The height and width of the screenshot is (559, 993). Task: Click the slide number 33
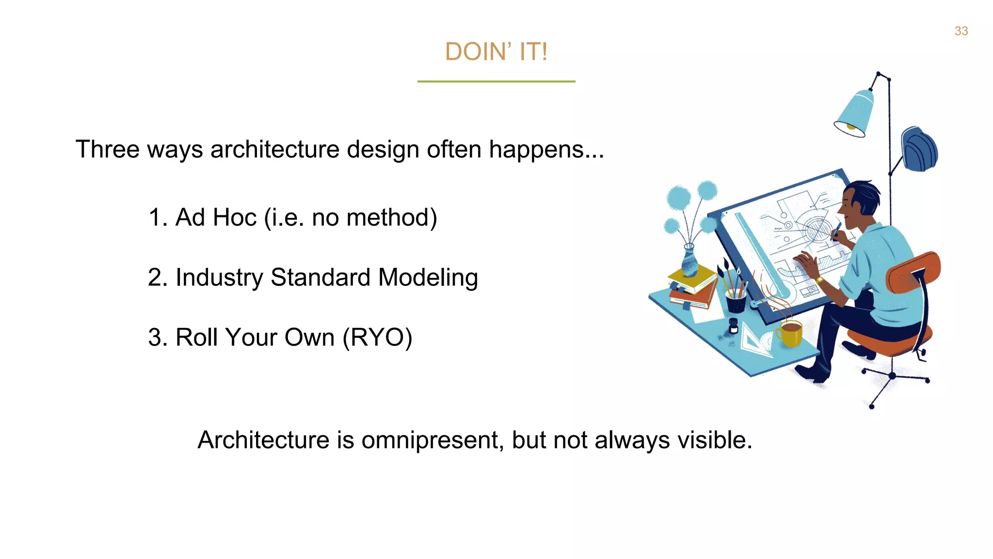tap(961, 31)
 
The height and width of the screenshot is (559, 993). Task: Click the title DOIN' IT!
tap(496, 51)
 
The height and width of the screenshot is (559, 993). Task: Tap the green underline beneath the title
tap(496, 82)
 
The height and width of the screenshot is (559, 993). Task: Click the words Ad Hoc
tap(216, 217)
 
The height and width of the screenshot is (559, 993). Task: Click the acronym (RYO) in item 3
tap(377, 337)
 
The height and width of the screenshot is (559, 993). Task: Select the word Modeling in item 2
tap(428, 278)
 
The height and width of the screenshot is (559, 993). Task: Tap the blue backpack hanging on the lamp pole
tap(920, 149)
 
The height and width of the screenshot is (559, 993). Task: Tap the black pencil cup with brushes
tap(736, 300)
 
